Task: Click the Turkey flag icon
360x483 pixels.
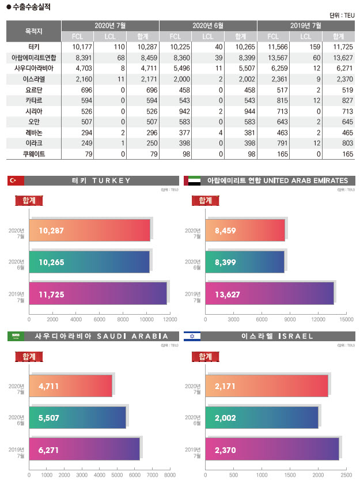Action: pyautogui.click(x=16, y=181)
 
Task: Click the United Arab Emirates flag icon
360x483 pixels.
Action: pyautogui.click(x=192, y=181)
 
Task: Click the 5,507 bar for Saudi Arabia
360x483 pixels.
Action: pyautogui.click(x=77, y=418)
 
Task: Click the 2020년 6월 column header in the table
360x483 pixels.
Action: pyautogui.click(x=208, y=25)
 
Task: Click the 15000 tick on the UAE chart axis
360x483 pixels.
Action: pyautogui.click(x=346, y=319)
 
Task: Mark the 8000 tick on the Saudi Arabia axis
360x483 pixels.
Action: pyautogui.click(x=169, y=476)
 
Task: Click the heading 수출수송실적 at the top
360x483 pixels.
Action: pyautogui.click(x=35, y=6)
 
